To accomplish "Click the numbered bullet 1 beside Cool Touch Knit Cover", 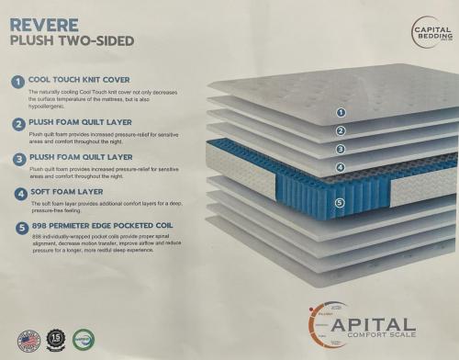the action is (17, 82).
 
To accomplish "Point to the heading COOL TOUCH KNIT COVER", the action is (76, 81).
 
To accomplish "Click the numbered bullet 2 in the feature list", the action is (17, 122).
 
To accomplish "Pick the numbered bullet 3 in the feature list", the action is (17, 158).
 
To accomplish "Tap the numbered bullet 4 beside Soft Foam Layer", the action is (17, 194).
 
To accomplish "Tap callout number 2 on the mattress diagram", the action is (341, 130).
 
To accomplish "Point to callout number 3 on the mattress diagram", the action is (341, 149).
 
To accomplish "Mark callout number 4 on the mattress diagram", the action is (341, 167).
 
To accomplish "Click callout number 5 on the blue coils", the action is (341, 203).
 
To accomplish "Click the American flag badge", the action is (27, 342).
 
